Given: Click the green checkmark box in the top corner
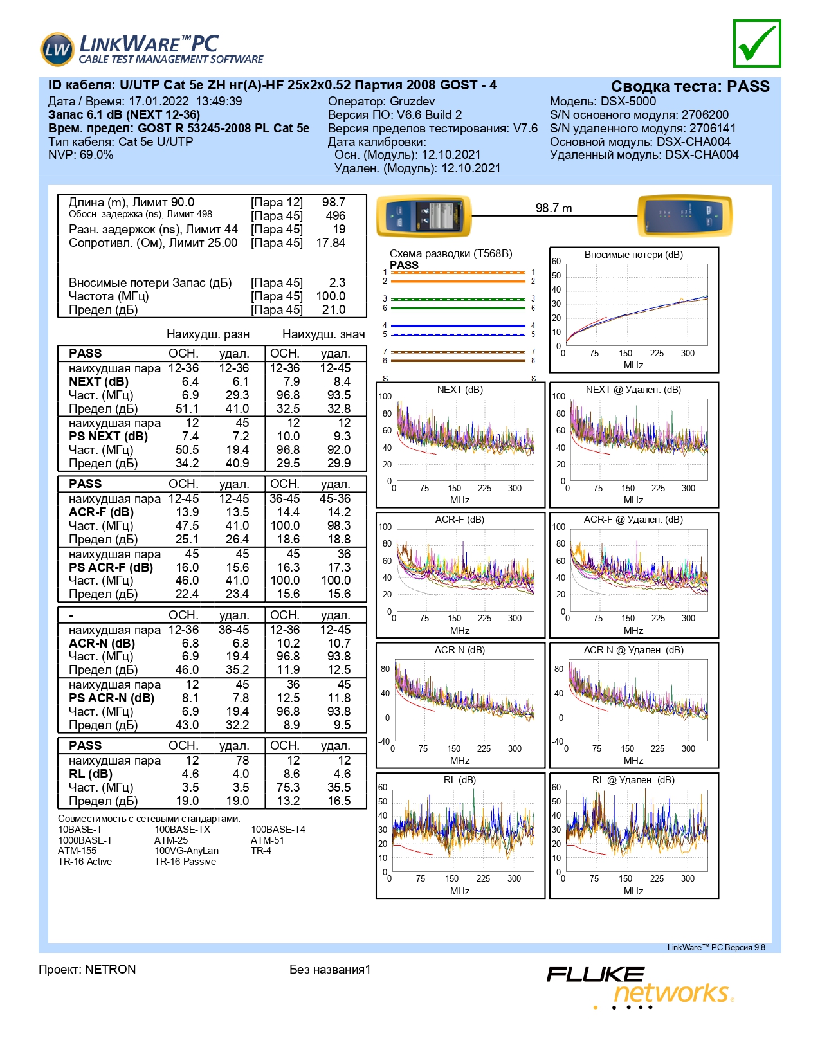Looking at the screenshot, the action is (756, 44).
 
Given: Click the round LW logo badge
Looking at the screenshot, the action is (57, 49).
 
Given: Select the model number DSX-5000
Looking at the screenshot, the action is (628, 102).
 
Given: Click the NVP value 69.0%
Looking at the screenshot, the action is (96, 155).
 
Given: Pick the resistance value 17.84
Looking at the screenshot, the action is (331, 242).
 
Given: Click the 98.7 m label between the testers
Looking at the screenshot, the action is (553, 208).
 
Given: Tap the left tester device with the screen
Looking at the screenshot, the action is (424, 215).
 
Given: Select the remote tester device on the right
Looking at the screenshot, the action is (685, 215).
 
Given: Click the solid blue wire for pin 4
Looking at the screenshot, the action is (458, 325).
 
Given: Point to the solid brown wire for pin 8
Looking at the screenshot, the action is (458, 361).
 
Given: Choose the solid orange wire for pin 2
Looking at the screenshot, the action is (458, 281).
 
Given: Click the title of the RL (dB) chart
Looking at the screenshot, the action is (460, 780).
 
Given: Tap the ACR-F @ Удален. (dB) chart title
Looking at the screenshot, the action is (633, 520).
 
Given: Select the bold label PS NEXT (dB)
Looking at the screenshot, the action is (109, 436).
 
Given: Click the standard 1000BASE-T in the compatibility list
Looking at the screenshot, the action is (85, 840).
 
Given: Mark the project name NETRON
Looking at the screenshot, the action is (111, 969).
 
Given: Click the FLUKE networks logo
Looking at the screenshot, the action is (641, 987).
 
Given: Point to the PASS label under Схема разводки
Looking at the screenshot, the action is (404, 265).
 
